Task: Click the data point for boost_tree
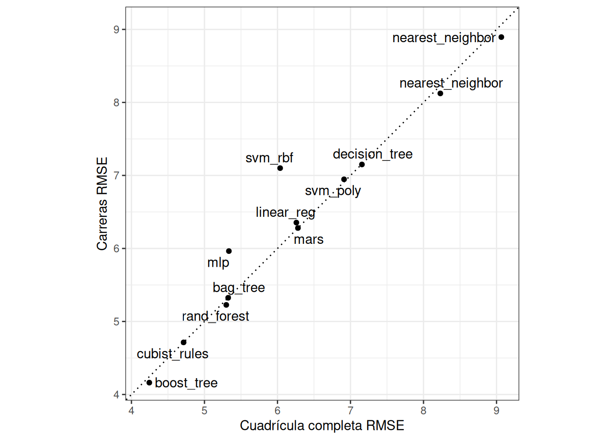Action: (149, 383)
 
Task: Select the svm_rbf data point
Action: (280, 168)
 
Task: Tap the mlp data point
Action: (229, 251)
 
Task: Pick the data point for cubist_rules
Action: (184, 342)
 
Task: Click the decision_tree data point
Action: (362, 165)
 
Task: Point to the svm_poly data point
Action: (344, 179)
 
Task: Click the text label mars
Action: (308, 240)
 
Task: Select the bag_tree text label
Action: (239, 288)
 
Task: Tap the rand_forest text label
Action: (215, 316)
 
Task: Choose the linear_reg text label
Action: (286, 213)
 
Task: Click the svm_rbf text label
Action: (269, 158)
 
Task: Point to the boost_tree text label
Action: (186, 383)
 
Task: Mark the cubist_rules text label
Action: (173, 354)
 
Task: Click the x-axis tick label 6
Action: (277, 411)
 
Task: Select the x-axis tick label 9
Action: (496, 411)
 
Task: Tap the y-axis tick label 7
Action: (116, 176)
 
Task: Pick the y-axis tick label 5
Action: (116, 322)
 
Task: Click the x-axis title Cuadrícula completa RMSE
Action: (322, 426)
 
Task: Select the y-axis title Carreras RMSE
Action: (102, 204)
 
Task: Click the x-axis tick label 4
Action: (132, 411)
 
